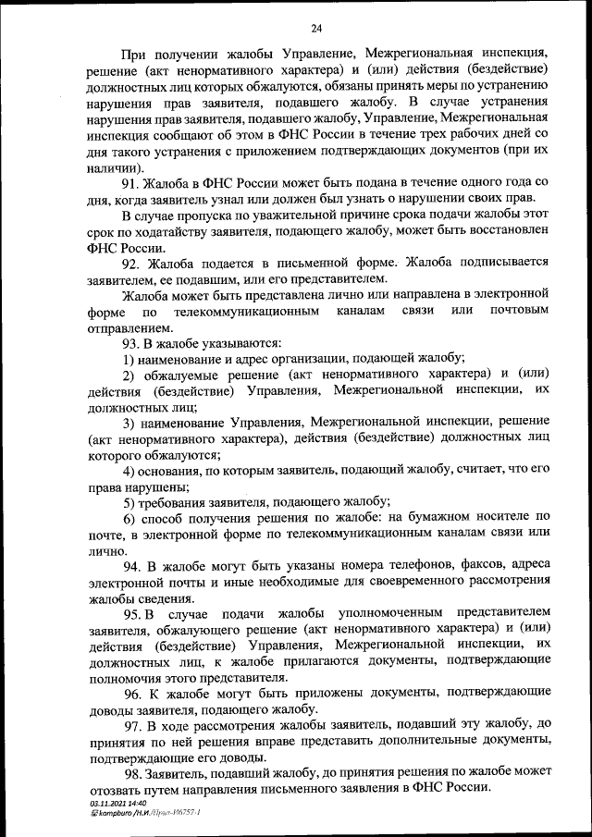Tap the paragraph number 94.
(133, 564)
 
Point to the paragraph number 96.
(133, 693)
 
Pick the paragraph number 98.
(133, 769)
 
